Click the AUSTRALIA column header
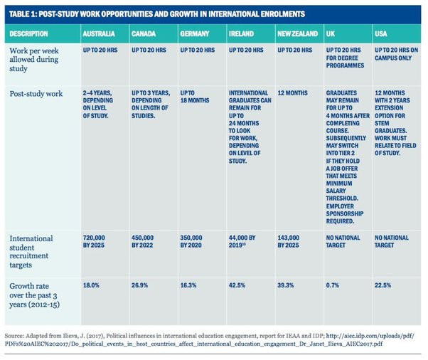(99, 34)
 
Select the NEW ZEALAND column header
(297, 34)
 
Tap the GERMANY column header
(195, 34)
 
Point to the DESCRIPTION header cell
(28, 34)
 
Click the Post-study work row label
(36, 94)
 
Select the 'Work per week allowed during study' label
(34, 60)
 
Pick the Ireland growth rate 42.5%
(237, 285)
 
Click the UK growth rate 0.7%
(333, 285)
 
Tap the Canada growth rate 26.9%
(139, 285)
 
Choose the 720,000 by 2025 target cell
(94, 241)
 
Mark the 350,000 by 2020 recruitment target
(191, 241)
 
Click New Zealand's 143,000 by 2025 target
(288, 241)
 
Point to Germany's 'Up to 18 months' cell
(195, 97)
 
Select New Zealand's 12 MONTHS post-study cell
(293, 93)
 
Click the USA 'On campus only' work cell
(396, 54)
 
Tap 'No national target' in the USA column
(392, 241)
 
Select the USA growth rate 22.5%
(382, 285)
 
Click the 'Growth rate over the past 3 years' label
(34, 295)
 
